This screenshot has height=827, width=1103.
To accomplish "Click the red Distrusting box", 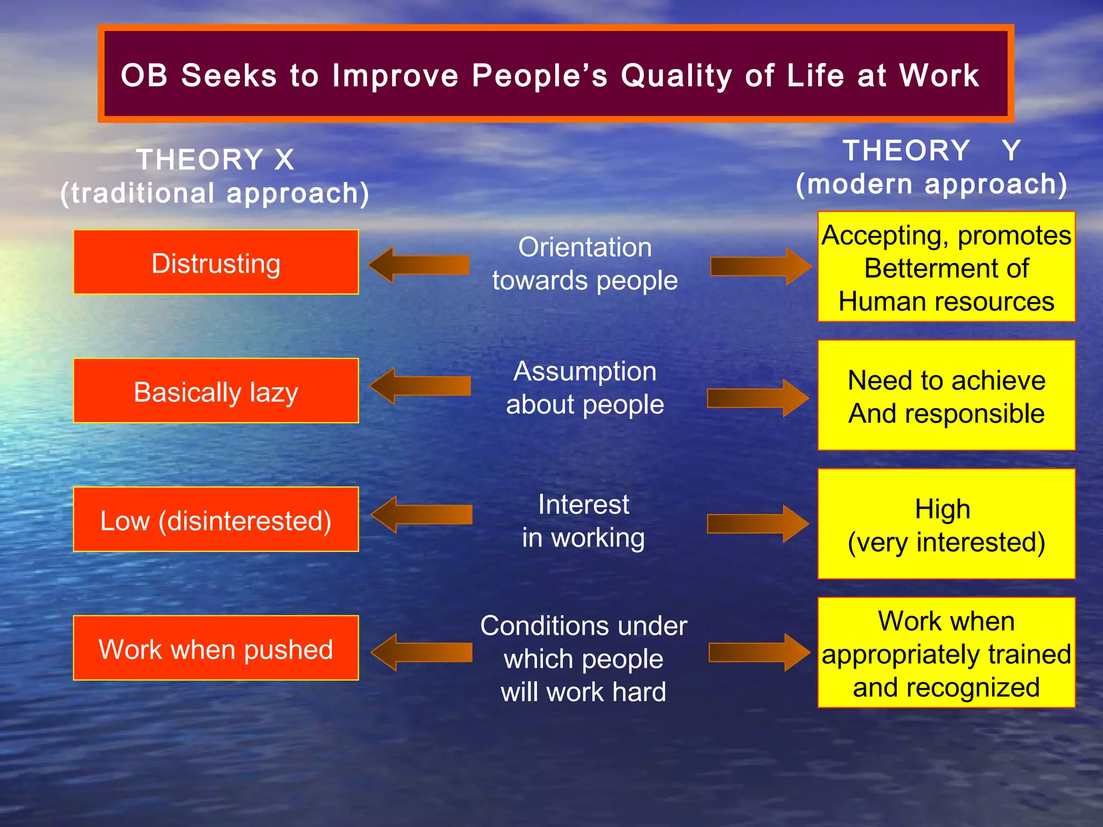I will [216, 262].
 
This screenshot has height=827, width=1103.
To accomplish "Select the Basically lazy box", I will [216, 391].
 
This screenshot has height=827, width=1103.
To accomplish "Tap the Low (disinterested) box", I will [216, 520].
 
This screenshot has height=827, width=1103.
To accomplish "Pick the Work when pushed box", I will [216, 648].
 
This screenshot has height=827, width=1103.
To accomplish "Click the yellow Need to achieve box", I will [946, 396].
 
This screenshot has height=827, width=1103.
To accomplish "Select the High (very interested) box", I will [946, 524].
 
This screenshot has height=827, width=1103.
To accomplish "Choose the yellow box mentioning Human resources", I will [946, 267].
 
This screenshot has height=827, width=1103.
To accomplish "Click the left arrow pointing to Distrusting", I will [418, 265].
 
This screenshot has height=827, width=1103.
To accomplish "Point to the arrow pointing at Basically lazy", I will [420, 386].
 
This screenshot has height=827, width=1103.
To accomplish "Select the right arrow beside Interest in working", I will [758, 523].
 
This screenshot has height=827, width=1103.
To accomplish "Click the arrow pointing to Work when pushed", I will [421, 652].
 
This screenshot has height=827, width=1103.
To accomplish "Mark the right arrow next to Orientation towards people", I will [761, 267].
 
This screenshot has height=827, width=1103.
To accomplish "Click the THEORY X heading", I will [215, 160].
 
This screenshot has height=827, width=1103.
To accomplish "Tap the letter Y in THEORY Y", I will [1011, 150].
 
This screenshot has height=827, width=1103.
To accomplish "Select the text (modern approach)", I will [932, 184].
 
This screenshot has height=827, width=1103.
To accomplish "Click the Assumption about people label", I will [585, 388].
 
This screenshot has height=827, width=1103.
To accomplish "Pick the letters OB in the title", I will [144, 75].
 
